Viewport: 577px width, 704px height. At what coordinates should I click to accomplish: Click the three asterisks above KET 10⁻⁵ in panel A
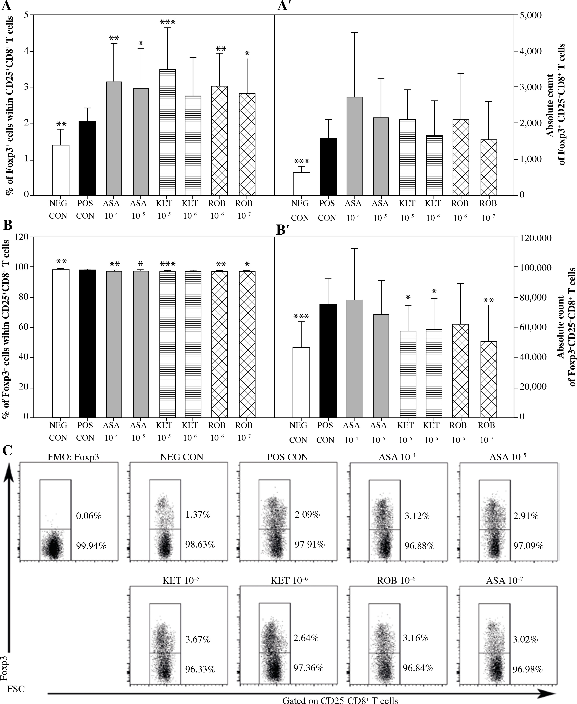coord(168,23)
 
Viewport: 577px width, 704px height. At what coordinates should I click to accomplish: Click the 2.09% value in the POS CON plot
coord(307,515)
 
